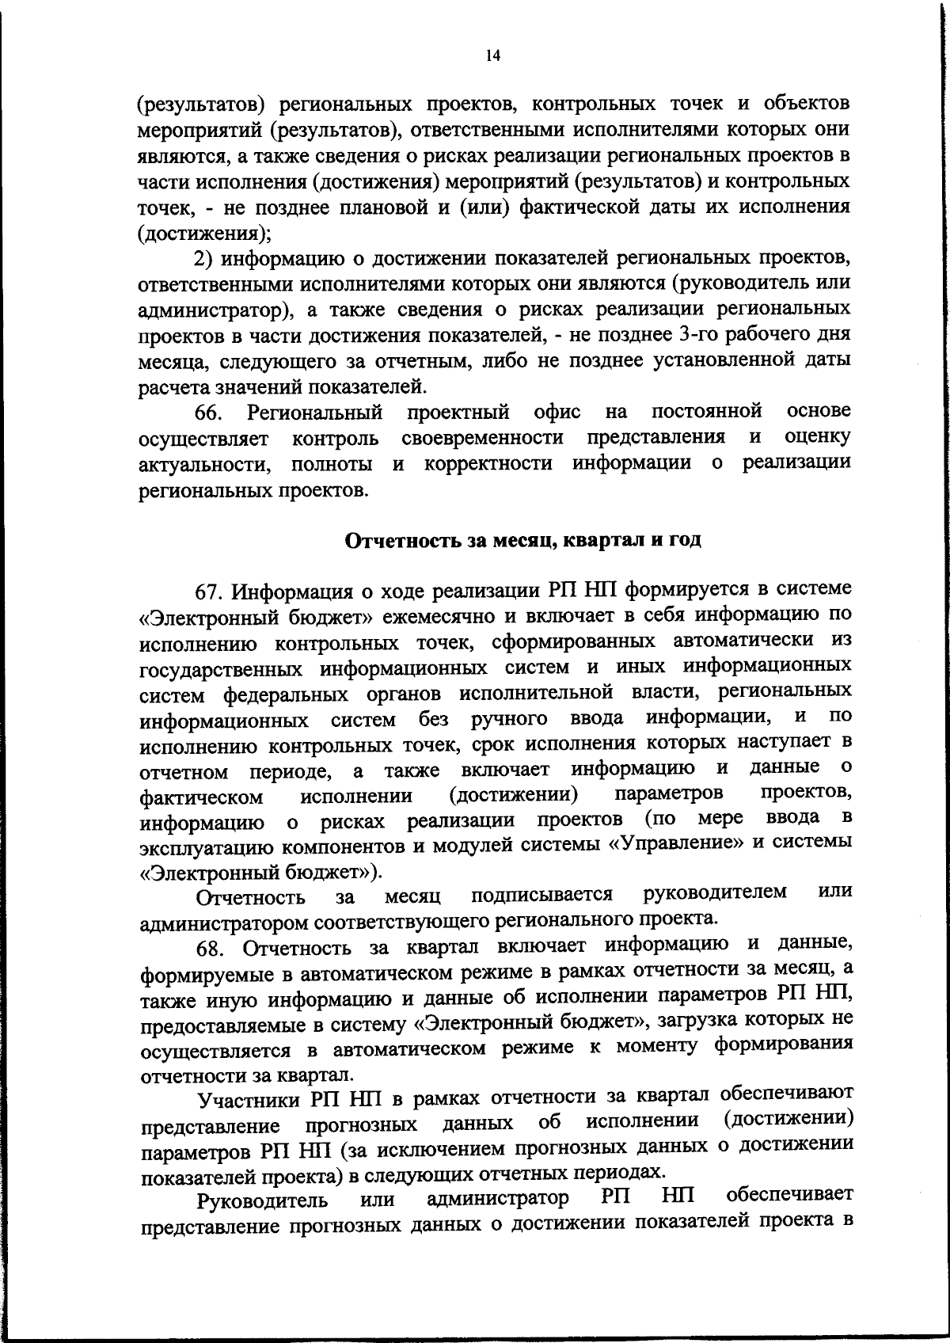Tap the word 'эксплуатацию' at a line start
pos(207,846)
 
